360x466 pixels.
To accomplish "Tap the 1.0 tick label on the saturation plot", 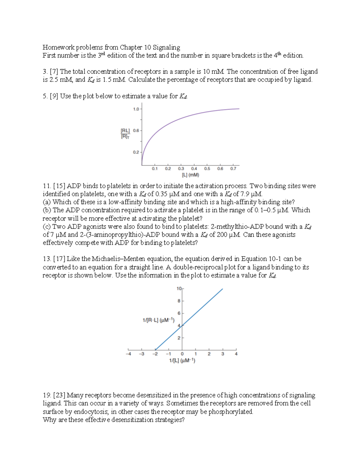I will coord(136,109).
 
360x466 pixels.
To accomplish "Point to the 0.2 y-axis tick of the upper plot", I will coord(136,152).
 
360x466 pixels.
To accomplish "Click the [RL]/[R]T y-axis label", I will coord(125,134).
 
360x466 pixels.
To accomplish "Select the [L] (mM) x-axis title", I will coord(190,175).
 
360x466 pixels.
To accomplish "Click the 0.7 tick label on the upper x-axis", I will coord(233,169).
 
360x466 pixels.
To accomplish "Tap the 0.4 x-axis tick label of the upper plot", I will coord(194,169).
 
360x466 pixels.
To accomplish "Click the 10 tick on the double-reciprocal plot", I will coord(179,289).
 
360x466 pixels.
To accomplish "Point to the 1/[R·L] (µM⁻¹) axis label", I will coord(158,320).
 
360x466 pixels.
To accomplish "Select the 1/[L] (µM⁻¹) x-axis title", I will coord(182,361).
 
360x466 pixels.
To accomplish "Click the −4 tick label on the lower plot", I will coord(128,354).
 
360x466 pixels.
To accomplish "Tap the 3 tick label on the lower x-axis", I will coord(223,354).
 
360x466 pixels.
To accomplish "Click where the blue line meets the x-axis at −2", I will coord(155,350).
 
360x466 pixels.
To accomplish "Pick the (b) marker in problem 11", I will coord(47,210).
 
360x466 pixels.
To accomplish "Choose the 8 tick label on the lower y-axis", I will coord(179,301).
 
